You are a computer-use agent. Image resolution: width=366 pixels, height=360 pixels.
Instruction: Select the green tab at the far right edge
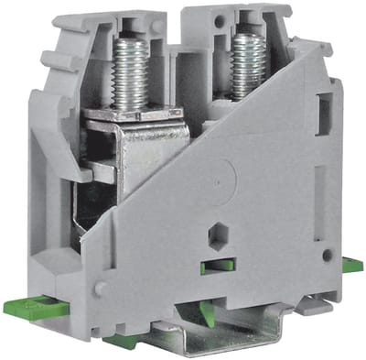[x=352, y=266]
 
